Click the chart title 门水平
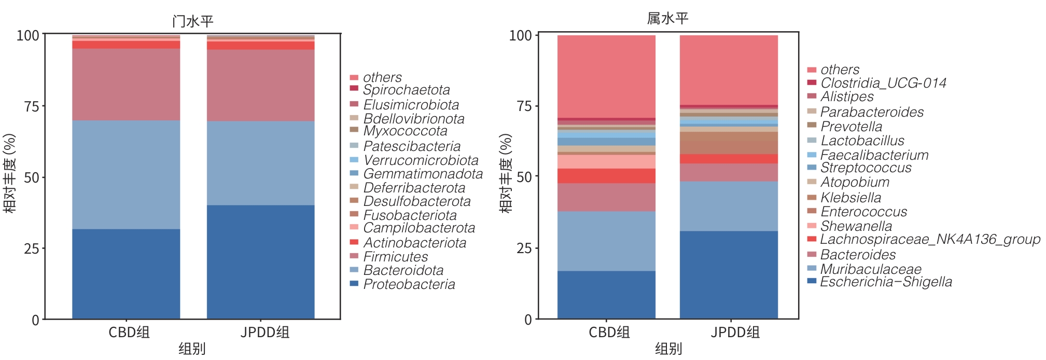click(192, 21)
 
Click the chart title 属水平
click(667, 19)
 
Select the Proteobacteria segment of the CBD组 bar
click(126, 273)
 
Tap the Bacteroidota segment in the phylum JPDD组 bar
click(260, 163)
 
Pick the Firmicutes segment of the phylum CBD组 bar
click(126, 85)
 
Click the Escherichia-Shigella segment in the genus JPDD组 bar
click(729, 274)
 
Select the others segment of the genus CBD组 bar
click(606, 76)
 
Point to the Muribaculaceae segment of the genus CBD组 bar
click(606, 241)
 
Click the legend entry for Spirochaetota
click(406, 90)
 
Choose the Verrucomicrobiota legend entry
click(421, 160)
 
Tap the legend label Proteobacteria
click(409, 284)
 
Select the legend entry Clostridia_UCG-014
click(883, 83)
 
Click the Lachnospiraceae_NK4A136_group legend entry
click(930, 239)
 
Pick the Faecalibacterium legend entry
click(874, 155)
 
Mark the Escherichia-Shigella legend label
click(886, 282)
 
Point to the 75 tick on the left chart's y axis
click(32, 106)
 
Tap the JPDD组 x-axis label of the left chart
click(264, 332)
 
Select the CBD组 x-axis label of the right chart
click(609, 332)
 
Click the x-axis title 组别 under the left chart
click(192, 349)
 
